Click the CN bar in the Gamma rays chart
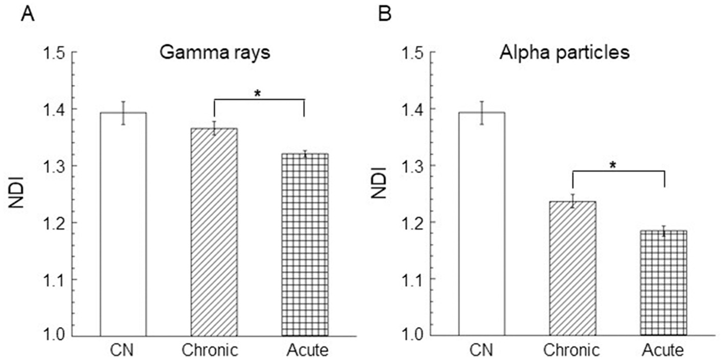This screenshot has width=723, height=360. point(123,224)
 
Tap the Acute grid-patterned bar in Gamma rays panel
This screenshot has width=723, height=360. point(304,245)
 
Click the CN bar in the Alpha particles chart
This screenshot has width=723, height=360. point(482,224)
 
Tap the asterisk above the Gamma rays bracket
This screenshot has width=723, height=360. point(258,93)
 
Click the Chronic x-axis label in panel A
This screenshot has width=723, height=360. point(210,350)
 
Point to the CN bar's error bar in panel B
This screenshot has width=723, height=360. point(482,113)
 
